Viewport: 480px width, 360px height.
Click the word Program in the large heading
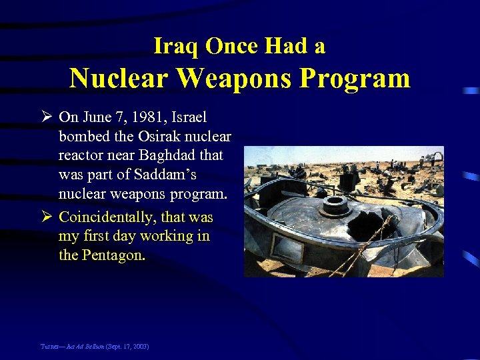(x=355, y=79)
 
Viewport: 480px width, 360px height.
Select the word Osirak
(x=163, y=137)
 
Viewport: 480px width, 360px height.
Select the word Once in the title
(x=231, y=46)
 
